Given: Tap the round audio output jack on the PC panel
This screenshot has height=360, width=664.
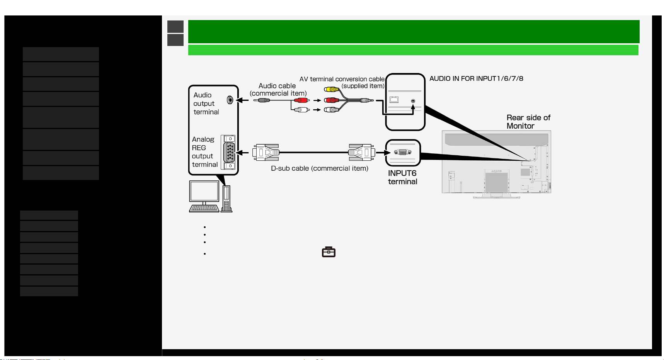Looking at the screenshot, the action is click(230, 100).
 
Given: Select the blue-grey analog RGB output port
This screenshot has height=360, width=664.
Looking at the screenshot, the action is click(230, 152).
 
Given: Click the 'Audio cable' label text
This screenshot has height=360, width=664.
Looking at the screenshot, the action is click(277, 86).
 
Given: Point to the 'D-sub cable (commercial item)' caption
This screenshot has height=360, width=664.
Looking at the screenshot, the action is click(320, 168).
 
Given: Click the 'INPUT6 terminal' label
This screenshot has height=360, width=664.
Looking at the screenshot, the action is click(403, 177).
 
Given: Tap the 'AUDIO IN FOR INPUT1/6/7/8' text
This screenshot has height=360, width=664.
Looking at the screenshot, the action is click(476, 78).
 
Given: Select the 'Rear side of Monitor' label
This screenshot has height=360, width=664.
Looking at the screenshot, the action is click(528, 122).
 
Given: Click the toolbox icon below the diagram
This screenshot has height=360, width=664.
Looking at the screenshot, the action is click(329, 252).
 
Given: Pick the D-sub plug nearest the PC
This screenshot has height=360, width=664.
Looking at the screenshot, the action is click(266, 152).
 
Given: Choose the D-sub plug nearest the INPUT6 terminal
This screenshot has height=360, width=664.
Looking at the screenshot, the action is click(361, 152).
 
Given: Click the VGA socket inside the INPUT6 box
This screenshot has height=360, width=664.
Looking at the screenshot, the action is click(403, 152).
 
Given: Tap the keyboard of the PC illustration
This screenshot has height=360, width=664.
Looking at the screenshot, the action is click(204, 209).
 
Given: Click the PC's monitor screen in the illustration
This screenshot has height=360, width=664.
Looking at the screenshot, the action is click(204, 191).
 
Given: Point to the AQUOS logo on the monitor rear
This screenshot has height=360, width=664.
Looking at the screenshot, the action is click(496, 171).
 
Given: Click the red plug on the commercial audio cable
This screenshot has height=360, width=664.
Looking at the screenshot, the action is click(301, 100).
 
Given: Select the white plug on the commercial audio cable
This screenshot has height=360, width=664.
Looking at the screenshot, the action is click(301, 110).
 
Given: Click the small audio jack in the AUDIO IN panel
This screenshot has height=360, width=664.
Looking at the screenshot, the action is click(413, 101).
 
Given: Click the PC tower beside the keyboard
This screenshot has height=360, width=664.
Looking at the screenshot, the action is click(227, 199).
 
